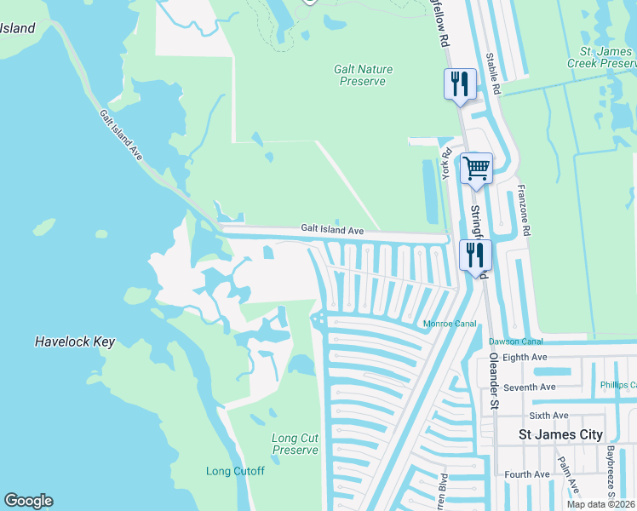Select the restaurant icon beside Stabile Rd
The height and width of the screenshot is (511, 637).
[460, 83]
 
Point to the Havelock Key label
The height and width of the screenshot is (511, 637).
[75, 342]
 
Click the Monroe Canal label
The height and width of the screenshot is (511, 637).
[448, 324]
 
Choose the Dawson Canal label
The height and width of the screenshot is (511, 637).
[516, 342]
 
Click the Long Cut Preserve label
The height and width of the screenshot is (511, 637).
[295, 444]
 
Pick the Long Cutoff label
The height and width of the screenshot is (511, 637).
[235, 471]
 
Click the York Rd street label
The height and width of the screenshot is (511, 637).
[445, 163]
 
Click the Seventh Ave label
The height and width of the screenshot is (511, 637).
[530, 388]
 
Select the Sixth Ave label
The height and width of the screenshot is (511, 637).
[548, 416]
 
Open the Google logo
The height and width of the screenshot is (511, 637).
[28, 501]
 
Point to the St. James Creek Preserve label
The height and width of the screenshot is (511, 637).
[601, 57]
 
